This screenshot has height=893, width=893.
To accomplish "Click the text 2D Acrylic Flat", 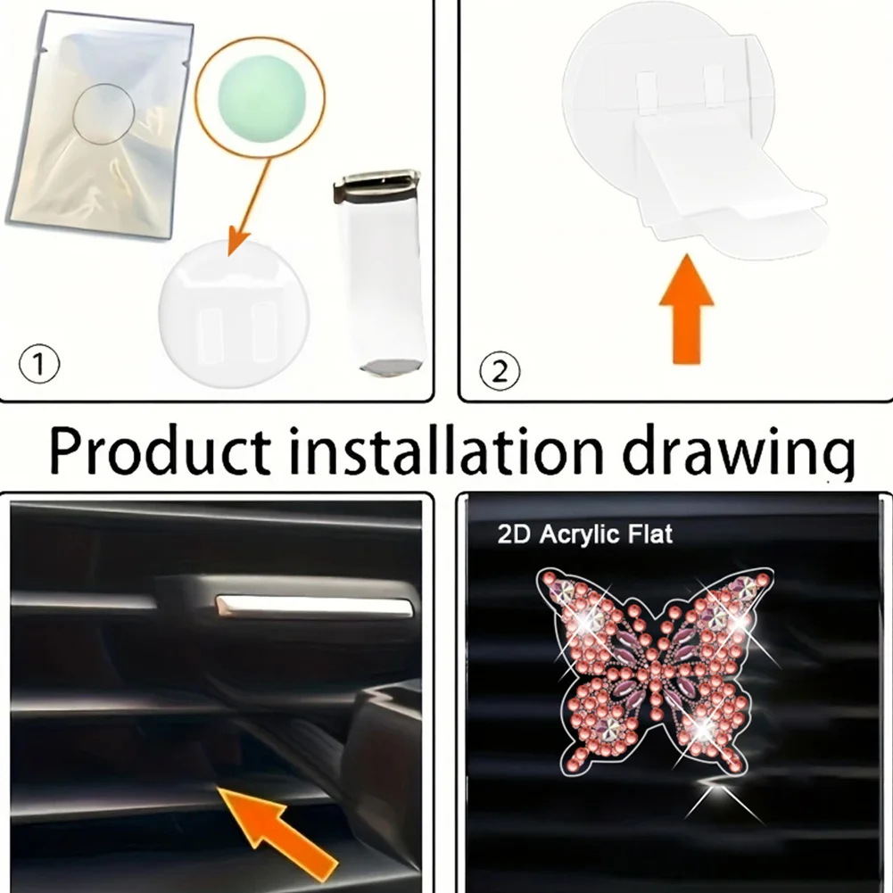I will coord(585,534).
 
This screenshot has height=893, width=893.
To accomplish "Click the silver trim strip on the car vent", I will coord(313,607).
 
